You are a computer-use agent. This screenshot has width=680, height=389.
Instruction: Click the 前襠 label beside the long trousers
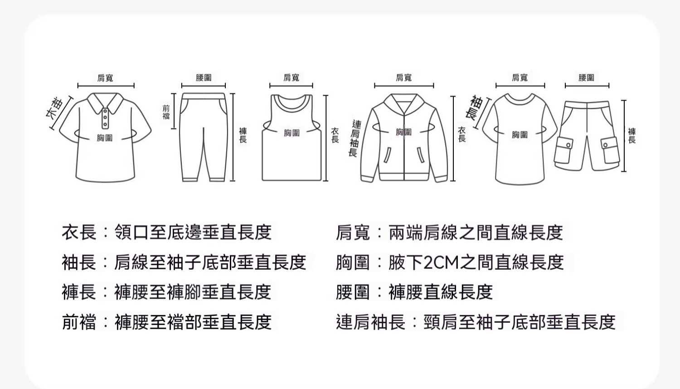click(166, 112)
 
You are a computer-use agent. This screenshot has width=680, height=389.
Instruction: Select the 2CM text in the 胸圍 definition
click(441, 263)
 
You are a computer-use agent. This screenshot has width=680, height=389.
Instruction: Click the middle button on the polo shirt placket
click(105, 117)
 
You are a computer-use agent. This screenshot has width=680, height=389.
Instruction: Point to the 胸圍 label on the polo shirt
click(105, 138)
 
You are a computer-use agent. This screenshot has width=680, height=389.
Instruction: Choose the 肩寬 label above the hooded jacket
click(404, 78)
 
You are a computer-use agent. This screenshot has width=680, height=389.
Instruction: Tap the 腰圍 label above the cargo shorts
click(586, 78)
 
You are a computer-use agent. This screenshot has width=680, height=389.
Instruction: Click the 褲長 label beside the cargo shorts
click(632, 136)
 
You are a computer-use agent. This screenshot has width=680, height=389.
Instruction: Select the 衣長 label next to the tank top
click(335, 135)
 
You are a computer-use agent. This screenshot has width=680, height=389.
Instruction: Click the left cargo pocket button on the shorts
click(568, 145)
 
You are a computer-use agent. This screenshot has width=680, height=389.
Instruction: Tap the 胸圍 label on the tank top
click(292, 133)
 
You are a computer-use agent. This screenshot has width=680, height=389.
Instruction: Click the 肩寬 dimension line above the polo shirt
click(106, 86)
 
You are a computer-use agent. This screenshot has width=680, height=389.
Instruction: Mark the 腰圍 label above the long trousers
click(204, 78)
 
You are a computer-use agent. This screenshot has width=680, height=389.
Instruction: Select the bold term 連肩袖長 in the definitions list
click(371, 322)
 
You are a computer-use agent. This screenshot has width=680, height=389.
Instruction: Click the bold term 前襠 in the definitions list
click(79, 322)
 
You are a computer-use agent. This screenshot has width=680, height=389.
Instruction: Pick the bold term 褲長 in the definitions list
click(79, 292)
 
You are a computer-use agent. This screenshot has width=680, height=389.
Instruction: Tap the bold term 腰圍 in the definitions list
click(353, 292)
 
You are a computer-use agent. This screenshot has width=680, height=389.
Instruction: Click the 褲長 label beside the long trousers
click(243, 135)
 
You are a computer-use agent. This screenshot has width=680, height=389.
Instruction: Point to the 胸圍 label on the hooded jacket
click(404, 132)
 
